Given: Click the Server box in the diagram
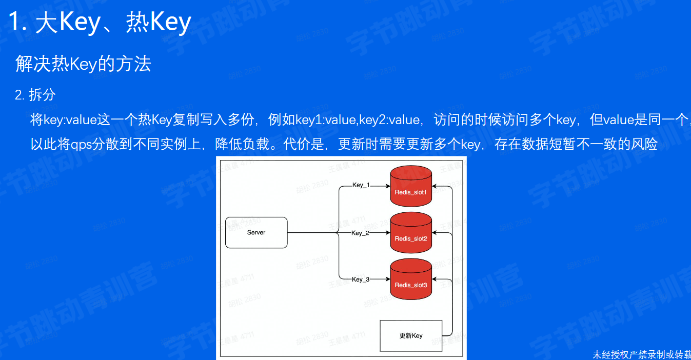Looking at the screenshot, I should (256, 233).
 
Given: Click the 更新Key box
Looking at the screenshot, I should (411, 336).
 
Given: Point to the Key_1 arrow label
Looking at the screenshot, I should (361, 185).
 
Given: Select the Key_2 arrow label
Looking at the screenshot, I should (360, 233).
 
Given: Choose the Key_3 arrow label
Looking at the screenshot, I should (360, 279).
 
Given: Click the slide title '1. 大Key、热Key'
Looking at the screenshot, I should (100, 23).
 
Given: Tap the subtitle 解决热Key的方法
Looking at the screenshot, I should (83, 64).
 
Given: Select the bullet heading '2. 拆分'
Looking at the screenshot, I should (35, 95).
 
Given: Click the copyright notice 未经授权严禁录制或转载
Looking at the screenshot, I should (641, 354).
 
